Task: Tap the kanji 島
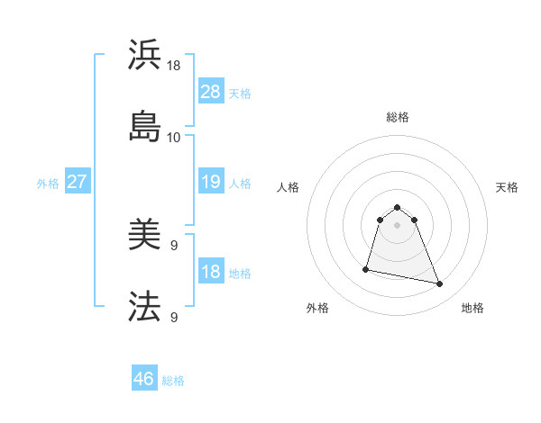(145, 125)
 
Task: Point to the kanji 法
(145, 307)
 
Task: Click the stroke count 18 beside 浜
(174, 66)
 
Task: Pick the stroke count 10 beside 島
(174, 137)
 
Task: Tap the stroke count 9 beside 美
(174, 246)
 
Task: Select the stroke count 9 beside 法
(174, 317)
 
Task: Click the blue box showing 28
(210, 92)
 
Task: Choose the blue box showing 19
(210, 183)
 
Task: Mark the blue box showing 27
(77, 183)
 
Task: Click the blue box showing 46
(144, 379)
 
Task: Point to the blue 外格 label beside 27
(48, 184)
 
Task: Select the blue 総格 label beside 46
(173, 381)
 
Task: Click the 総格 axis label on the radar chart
(398, 117)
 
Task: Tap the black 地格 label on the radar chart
(472, 309)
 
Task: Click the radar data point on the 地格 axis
(440, 284)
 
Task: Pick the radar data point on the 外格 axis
(366, 268)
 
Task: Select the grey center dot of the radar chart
(398, 224)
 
